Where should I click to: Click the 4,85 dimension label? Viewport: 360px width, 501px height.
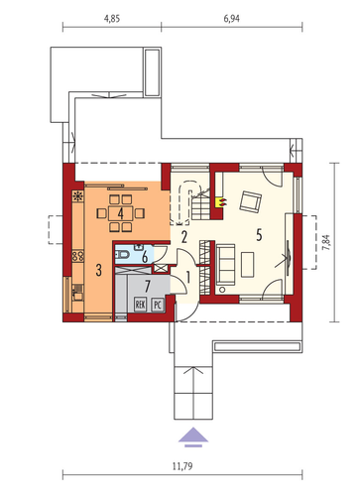coord(112,19)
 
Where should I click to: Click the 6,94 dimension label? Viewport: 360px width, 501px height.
coord(232,19)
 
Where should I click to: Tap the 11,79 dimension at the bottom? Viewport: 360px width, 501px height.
coord(182,466)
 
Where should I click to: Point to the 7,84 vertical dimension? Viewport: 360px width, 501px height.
coord(326,242)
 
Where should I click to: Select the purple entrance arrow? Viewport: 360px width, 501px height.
coord(193,438)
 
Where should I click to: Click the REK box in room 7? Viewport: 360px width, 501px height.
coord(140,305)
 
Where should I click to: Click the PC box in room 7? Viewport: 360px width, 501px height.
coord(158,305)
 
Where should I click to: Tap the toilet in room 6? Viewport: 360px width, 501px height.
coord(122,255)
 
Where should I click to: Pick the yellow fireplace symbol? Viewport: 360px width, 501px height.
coord(220,202)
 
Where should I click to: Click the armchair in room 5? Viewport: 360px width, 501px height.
coord(250,200)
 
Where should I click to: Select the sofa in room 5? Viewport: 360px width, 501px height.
coord(225,264)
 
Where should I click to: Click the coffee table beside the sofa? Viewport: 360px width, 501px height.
coord(248,264)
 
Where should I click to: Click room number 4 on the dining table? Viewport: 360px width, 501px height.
coord(121,214)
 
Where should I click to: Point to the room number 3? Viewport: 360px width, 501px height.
coord(98,271)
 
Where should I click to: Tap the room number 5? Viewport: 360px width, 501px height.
coord(259,235)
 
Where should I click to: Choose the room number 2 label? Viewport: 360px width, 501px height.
coord(184,237)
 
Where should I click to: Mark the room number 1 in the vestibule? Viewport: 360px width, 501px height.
coord(188,278)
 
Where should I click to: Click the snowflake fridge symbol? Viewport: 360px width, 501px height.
coord(78,196)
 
